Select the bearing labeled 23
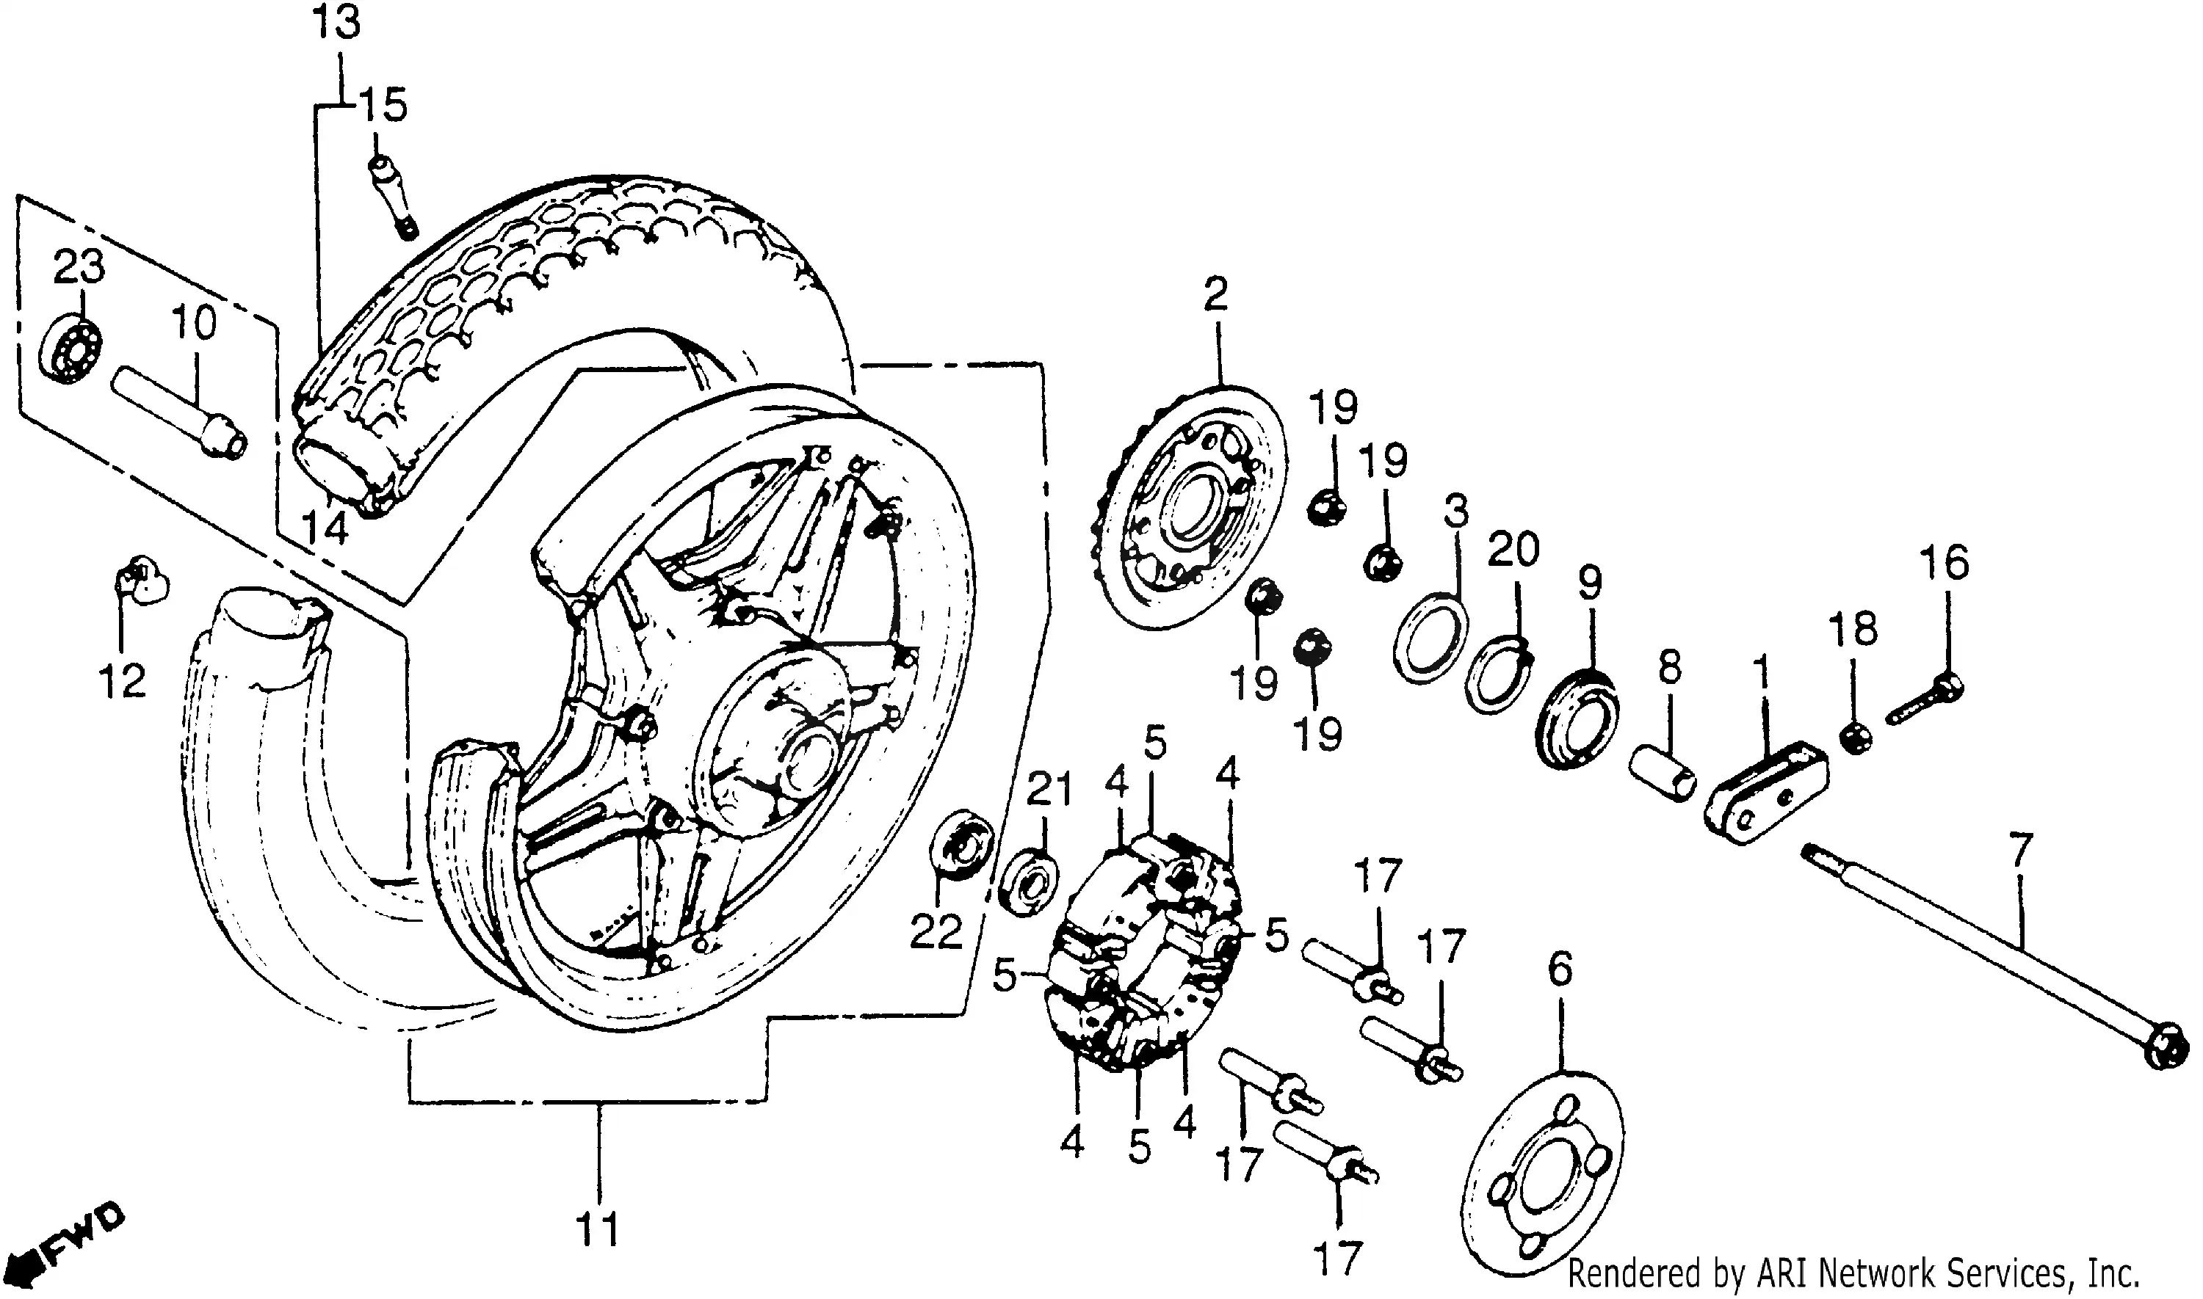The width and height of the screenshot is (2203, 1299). pos(72,349)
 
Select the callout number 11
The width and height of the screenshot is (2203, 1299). pos(598,1230)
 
